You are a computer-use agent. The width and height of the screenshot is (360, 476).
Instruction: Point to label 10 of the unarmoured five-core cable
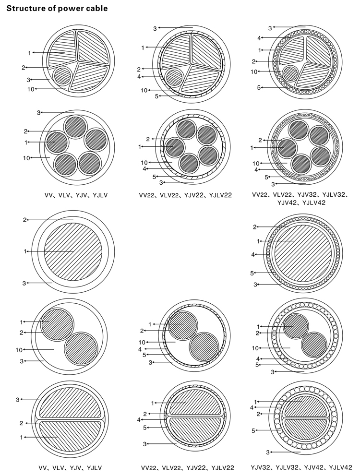26,158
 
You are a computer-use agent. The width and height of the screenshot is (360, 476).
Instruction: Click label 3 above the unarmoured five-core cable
38,113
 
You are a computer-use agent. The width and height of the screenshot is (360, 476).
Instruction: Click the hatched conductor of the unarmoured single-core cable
73,251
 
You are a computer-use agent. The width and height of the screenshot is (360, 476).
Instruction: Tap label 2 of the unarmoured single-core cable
25,220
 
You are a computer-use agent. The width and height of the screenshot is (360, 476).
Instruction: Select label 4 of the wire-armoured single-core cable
253,254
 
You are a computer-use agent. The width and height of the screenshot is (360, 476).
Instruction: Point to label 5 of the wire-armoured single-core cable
252,273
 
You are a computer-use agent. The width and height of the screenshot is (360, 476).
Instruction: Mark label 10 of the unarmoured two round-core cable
19,350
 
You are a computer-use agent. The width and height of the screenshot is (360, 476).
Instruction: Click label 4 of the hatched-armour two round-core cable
140,349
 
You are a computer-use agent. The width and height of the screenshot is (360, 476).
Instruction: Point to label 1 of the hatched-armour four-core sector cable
143,48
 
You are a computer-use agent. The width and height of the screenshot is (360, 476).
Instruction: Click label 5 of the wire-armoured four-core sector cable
259,88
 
